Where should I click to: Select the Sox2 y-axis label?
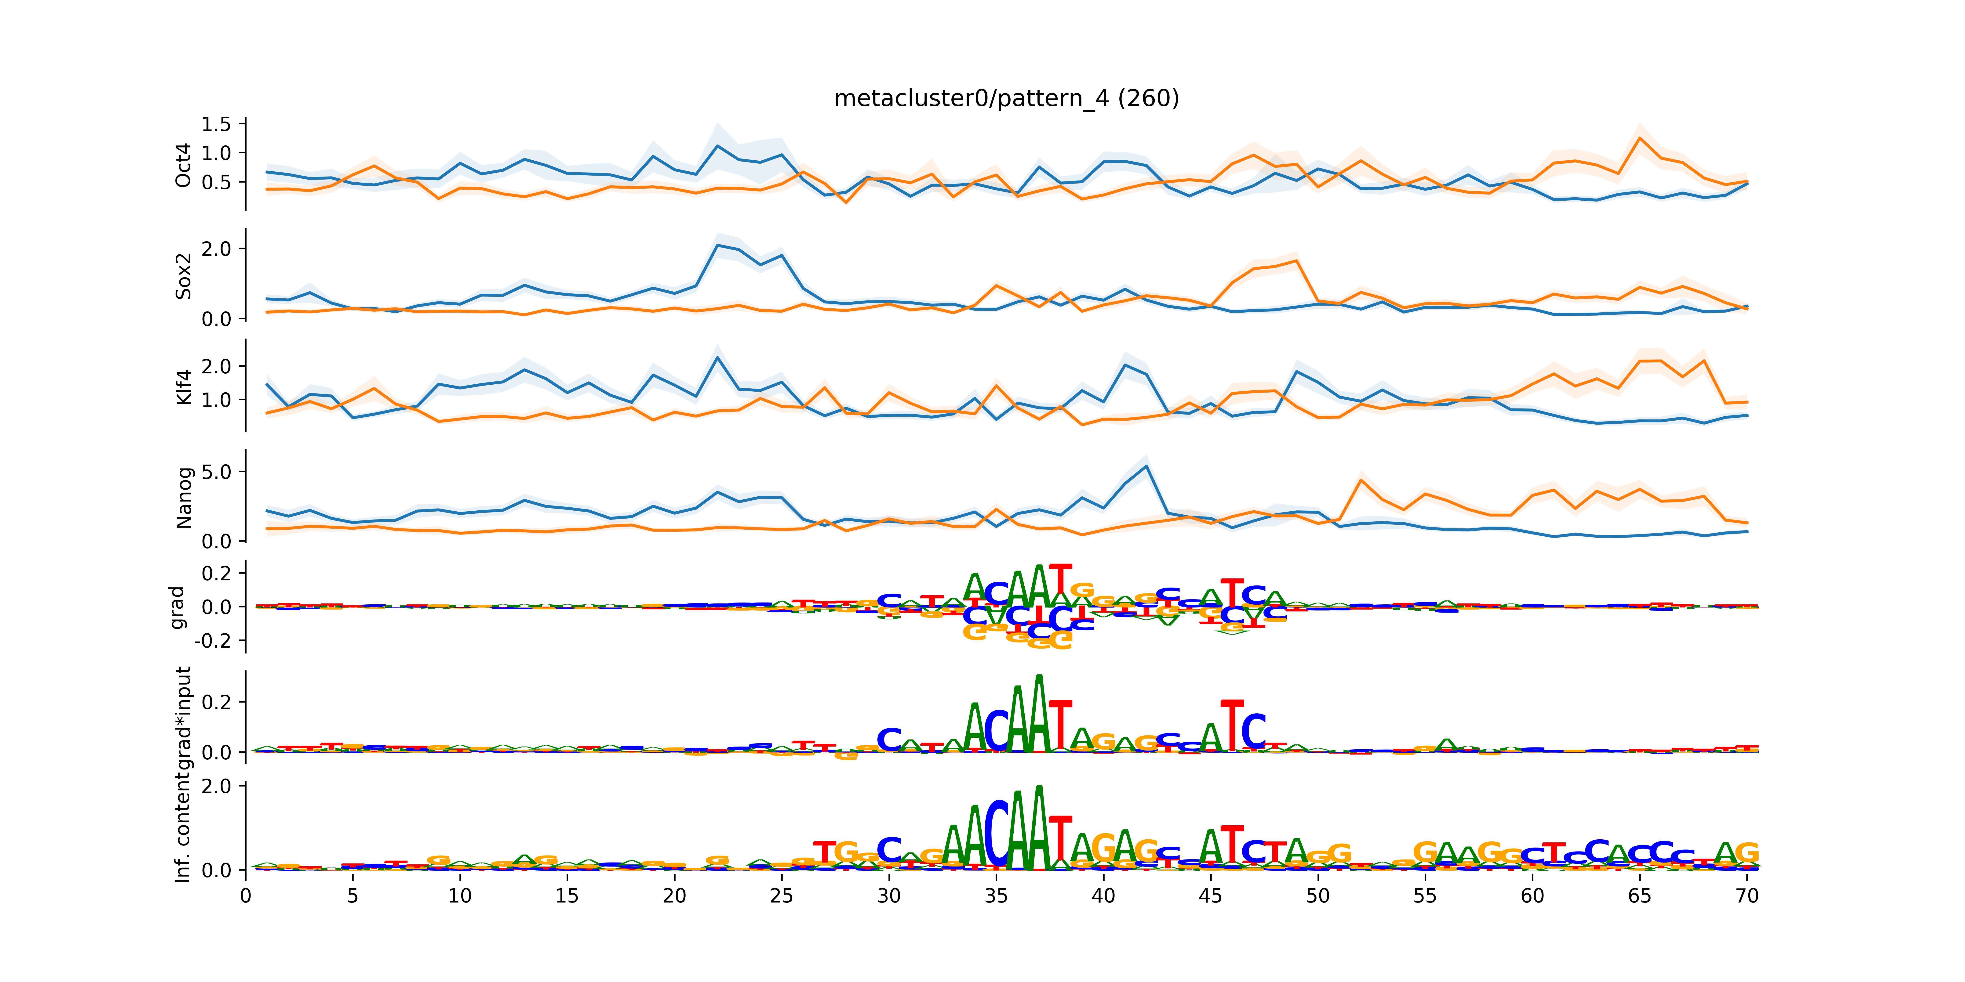coord(183,276)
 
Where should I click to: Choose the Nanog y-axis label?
coord(183,498)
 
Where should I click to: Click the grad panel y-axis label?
coord(177,608)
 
